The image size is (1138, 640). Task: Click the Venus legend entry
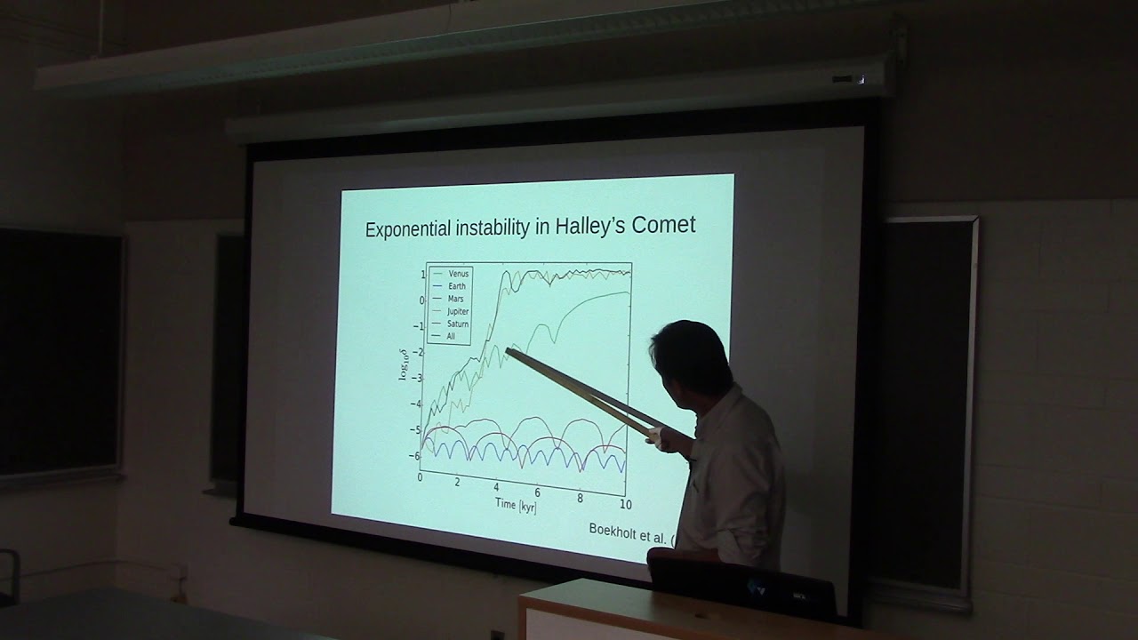[x=459, y=273]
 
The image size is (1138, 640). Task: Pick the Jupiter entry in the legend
[x=459, y=312]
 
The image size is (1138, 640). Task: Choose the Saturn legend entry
[x=458, y=324]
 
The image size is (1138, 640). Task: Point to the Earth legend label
[x=457, y=286]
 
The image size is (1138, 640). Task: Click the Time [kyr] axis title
[x=516, y=505]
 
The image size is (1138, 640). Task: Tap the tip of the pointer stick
[x=509, y=352]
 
